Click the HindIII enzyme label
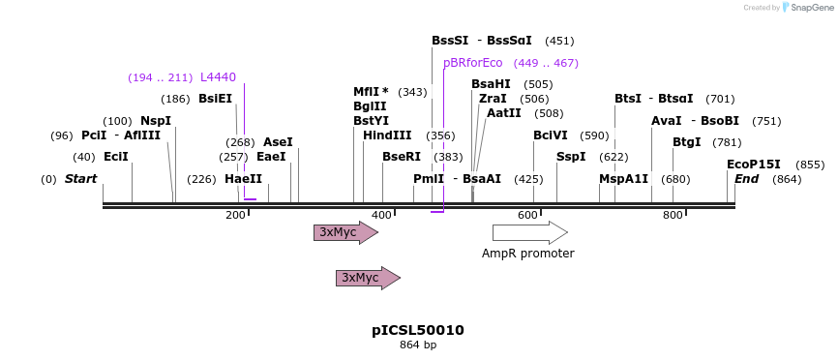point(387,135)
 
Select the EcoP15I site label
point(754,165)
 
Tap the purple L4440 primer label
point(218,77)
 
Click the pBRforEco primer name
point(472,63)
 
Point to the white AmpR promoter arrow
point(529,232)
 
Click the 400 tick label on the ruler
point(381,215)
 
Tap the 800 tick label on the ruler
point(673,215)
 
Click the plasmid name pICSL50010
point(418,330)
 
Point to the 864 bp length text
point(418,345)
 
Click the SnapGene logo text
point(811,8)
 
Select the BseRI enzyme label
point(402,157)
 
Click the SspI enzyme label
point(571,157)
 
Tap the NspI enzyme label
point(156,121)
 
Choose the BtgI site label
point(687,142)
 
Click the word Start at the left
point(81,179)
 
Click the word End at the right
point(746,179)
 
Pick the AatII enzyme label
point(504,113)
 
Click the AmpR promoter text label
point(528,254)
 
